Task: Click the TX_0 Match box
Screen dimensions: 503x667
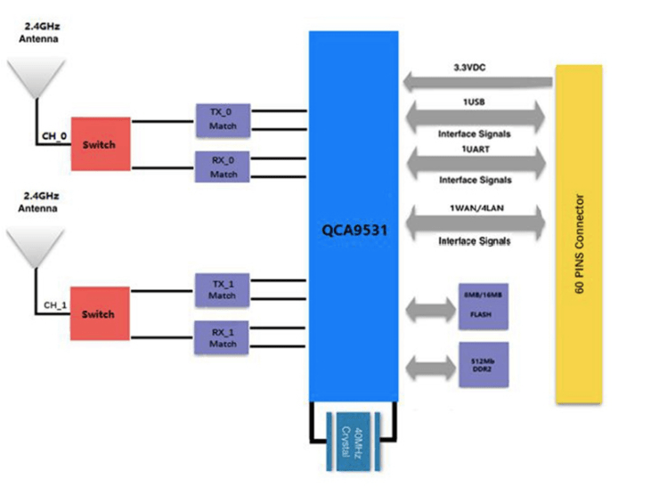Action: tap(223, 118)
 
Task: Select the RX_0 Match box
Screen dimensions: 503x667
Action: tap(223, 166)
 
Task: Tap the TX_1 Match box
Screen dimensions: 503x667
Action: tap(223, 288)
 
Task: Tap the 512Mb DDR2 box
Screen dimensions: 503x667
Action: tap(483, 364)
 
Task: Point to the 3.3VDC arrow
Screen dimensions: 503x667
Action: tap(477, 83)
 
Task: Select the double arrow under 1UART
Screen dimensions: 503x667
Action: tap(476, 161)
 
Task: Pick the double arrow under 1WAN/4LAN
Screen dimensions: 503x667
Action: tap(476, 223)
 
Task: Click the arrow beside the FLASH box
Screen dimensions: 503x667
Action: tap(429, 310)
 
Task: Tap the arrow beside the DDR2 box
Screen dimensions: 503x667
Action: tap(429, 366)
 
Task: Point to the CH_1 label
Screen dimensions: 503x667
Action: tap(55, 305)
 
